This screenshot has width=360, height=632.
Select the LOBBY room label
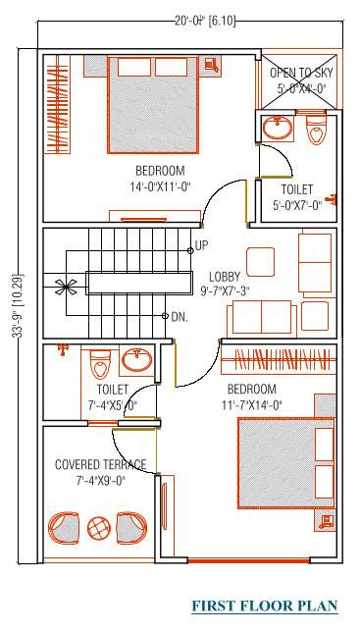click(227, 277)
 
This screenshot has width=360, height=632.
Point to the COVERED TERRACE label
click(100, 464)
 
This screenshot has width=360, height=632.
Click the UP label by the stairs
click(201, 245)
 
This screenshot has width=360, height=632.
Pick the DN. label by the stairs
click(179, 317)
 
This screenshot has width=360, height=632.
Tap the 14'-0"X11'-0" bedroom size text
click(147, 184)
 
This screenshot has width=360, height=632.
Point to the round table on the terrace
click(99, 528)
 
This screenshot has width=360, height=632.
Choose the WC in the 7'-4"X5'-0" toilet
click(100, 367)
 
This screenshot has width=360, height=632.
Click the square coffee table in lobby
click(260, 261)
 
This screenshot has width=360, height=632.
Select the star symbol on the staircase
click(66, 288)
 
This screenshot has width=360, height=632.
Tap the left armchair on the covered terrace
click(65, 527)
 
